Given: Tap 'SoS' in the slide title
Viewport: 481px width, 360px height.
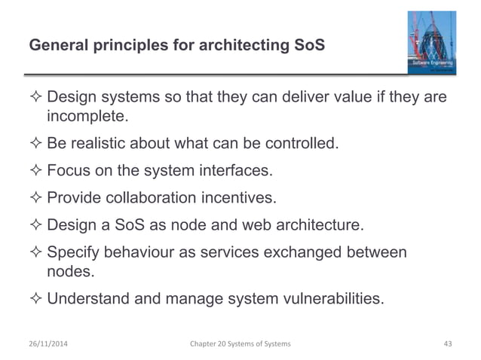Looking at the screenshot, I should pos(312,46).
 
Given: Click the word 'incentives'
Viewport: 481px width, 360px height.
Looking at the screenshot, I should pos(238,197).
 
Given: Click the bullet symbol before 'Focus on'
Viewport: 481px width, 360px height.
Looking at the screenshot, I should pos(36,170).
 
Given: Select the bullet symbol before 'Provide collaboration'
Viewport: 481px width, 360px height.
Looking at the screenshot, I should pos(36,197).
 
